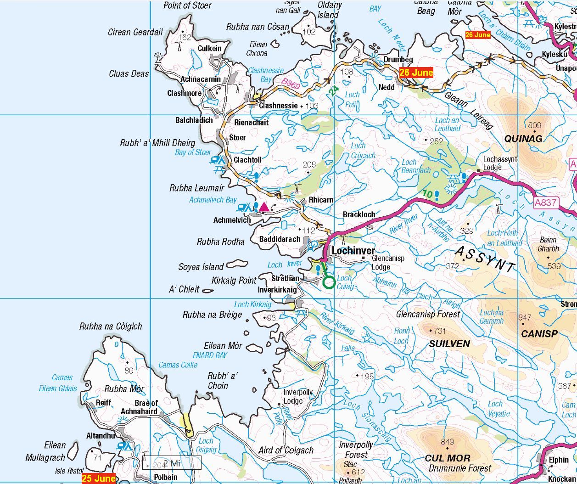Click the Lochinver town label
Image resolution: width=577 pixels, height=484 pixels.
(x=353, y=251)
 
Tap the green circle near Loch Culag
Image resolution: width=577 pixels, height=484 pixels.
(x=329, y=282)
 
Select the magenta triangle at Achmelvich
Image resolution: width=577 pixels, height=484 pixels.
(x=263, y=207)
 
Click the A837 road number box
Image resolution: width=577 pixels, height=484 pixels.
(x=545, y=203)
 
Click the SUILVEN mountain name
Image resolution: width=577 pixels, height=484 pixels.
(x=449, y=344)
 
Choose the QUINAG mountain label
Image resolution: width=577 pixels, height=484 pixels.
(x=523, y=138)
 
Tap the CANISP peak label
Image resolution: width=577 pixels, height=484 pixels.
(x=539, y=334)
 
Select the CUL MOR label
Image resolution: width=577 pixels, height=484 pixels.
(x=447, y=458)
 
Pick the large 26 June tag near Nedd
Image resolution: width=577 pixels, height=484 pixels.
(x=416, y=73)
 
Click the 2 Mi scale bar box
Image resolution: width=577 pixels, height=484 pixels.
(x=172, y=463)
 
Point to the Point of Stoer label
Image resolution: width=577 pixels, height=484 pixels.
(x=187, y=6)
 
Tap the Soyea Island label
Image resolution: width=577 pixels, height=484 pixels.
(x=201, y=267)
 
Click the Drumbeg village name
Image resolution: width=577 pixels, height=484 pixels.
(x=398, y=60)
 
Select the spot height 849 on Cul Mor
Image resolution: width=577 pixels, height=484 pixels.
(x=447, y=442)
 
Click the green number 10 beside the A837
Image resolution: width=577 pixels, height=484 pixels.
(x=427, y=194)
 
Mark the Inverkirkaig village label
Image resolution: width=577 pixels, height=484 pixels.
(x=277, y=290)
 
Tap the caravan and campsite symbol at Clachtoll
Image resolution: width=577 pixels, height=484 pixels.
(x=217, y=160)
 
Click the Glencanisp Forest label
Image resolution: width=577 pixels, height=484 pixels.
(x=428, y=314)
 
